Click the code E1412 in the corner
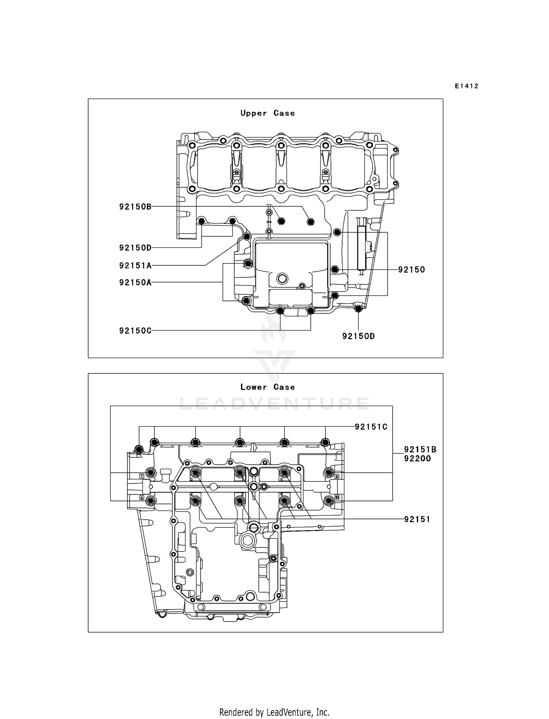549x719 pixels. point(467,86)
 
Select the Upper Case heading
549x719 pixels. point(268,113)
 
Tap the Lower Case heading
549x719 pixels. point(268,387)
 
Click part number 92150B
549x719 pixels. point(135,207)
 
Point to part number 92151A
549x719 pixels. point(135,265)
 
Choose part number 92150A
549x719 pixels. point(135,282)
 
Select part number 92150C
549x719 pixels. point(135,331)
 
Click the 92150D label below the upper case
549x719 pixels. point(358,336)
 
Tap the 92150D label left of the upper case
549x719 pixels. point(135,248)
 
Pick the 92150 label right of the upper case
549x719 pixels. point(411,270)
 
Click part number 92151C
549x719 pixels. point(371,427)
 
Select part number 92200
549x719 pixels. point(417,458)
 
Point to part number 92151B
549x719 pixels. point(420,450)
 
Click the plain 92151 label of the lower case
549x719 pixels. point(417,519)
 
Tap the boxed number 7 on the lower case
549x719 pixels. point(141,476)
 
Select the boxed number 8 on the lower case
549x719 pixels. point(141,498)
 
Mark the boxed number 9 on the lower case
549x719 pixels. point(337,476)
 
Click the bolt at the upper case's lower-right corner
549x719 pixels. point(358,309)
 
